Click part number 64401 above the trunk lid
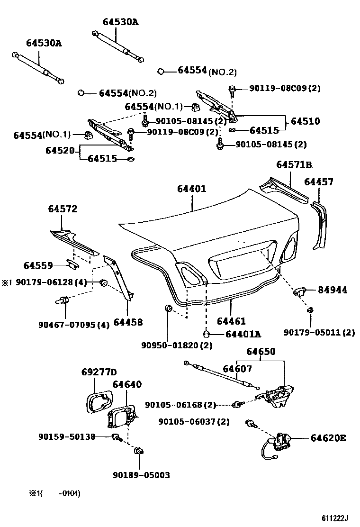point(192,189)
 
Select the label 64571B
point(294,165)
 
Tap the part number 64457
point(318,182)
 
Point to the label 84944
point(332,290)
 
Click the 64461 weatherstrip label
point(231,322)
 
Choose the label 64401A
point(243,334)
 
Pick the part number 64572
point(62,209)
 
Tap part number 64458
point(128,322)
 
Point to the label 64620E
point(328,438)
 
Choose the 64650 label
point(261,352)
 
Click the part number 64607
point(237,369)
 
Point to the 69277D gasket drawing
point(98,401)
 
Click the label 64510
point(305,121)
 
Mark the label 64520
point(60,151)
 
